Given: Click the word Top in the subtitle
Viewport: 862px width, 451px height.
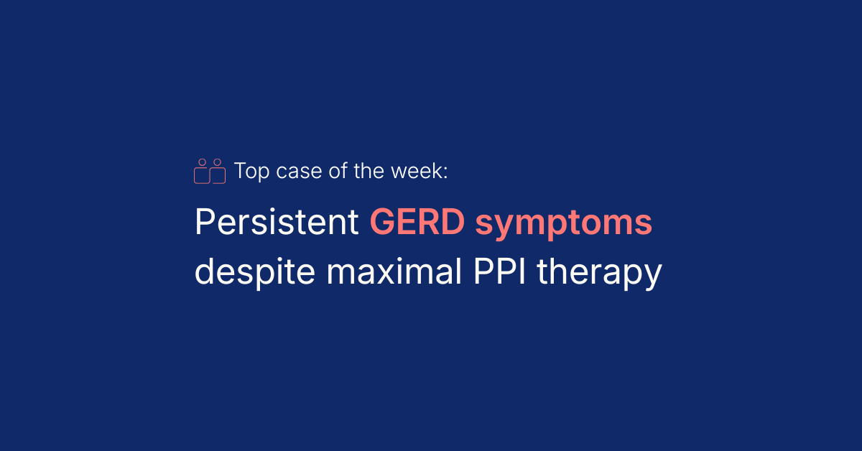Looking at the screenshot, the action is click(251, 171).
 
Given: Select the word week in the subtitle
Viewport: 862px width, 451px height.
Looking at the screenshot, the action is click(417, 171).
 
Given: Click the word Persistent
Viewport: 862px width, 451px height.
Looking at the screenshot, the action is click(277, 222).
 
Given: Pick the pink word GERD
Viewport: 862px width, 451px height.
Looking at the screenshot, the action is click(417, 222).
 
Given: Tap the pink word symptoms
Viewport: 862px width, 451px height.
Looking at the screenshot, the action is click(564, 224).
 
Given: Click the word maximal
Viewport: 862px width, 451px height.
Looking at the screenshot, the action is click(394, 271).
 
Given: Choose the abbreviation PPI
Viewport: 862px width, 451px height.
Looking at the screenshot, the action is click(499, 271).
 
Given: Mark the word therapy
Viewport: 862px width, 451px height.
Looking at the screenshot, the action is click(599, 273).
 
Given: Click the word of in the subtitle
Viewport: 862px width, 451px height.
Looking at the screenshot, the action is click(338, 171).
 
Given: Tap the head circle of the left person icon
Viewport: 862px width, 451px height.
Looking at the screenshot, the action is click(202, 162).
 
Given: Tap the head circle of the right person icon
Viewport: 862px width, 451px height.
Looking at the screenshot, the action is click(218, 162).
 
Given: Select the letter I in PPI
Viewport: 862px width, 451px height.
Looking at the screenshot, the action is click(522, 271).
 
